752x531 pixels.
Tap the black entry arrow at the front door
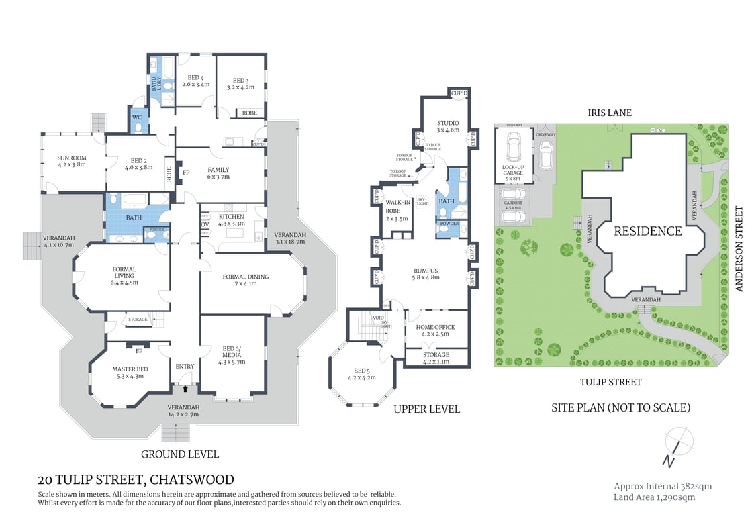(185, 388)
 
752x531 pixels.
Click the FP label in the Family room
(186, 173)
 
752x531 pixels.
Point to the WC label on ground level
(137, 117)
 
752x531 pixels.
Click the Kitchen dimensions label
(231, 224)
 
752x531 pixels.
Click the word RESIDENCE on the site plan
(647, 231)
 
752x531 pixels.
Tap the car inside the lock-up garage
(514, 146)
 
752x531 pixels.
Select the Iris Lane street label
(609, 113)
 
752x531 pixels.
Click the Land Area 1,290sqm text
(654, 497)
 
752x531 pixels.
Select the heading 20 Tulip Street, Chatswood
(136, 479)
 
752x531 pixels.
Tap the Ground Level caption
(179, 454)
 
